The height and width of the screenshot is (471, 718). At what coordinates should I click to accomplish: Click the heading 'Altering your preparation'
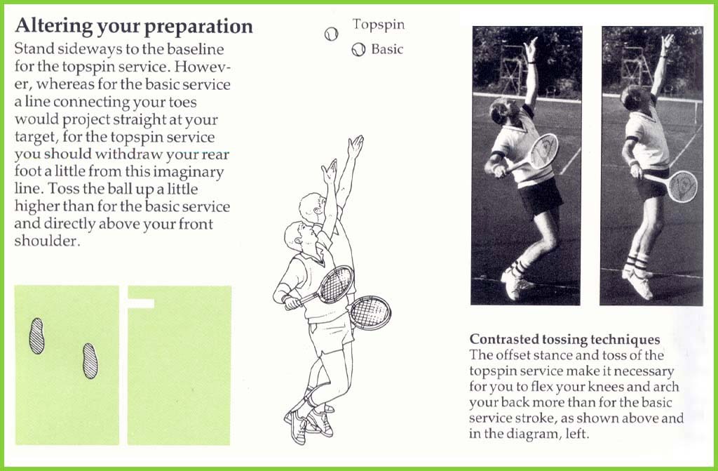(x=134, y=27)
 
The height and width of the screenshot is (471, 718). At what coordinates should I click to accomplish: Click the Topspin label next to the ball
(x=379, y=25)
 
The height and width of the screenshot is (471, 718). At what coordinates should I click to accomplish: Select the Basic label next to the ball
(x=387, y=49)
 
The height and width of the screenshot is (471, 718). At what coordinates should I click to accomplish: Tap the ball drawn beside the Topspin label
(x=331, y=34)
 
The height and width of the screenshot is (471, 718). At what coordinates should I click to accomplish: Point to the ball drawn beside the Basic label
(x=358, y=50)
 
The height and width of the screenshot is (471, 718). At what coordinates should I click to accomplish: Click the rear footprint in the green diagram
(x=36, y=336)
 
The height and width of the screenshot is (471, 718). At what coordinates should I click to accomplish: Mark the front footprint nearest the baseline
(x=90, y=361)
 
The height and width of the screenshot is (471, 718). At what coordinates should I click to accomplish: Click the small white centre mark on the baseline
(x=140, y=303)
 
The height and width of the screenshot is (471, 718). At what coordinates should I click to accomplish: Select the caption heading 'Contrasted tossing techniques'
(x=564, y=339)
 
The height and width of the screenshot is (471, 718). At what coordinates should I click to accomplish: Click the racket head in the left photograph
(x=543, y=151)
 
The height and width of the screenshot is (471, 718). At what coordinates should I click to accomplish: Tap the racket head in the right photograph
(x=682, y=186)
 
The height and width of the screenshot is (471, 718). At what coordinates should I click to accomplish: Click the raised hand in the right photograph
(x=668, y=41)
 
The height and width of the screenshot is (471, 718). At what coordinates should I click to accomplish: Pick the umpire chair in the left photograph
(x=513, y=69)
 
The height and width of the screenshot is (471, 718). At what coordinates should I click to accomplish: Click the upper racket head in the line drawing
(x=336, y=284)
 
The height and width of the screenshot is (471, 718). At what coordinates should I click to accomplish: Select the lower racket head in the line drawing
(x=370, y=313)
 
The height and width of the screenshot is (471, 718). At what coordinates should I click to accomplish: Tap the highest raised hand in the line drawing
(x=355, y=146)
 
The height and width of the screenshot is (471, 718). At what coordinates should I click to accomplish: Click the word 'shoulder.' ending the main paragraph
(x=47, y=241)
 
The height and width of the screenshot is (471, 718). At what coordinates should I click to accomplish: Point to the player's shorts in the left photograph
(x=541, y=196)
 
